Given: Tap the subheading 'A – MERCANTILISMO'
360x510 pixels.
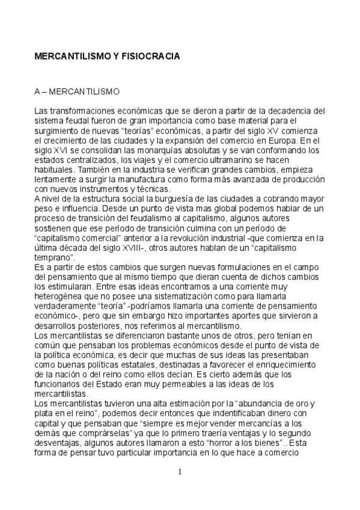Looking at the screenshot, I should click(x=78, y=93).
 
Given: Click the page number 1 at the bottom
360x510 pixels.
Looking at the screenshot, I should click(x=180, y=471).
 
